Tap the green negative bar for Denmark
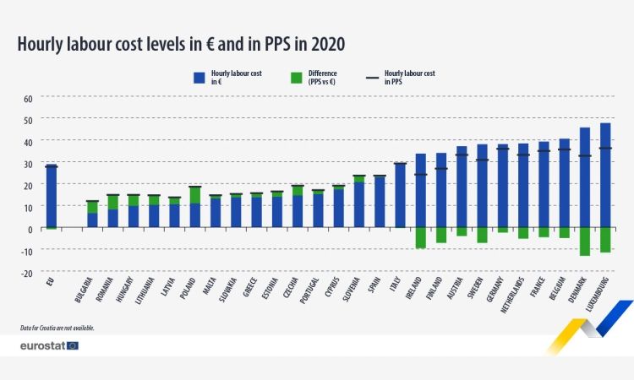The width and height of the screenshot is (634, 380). [585, 242]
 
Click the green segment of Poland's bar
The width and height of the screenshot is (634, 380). [195, 195]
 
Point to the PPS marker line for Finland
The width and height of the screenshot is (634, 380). [441, 169]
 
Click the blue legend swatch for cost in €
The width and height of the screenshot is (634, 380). [199, 77]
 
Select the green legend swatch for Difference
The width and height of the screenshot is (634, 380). [296, 77]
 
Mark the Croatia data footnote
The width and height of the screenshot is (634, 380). [57, 328]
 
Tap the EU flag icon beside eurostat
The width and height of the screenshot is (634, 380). [73, 345]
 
